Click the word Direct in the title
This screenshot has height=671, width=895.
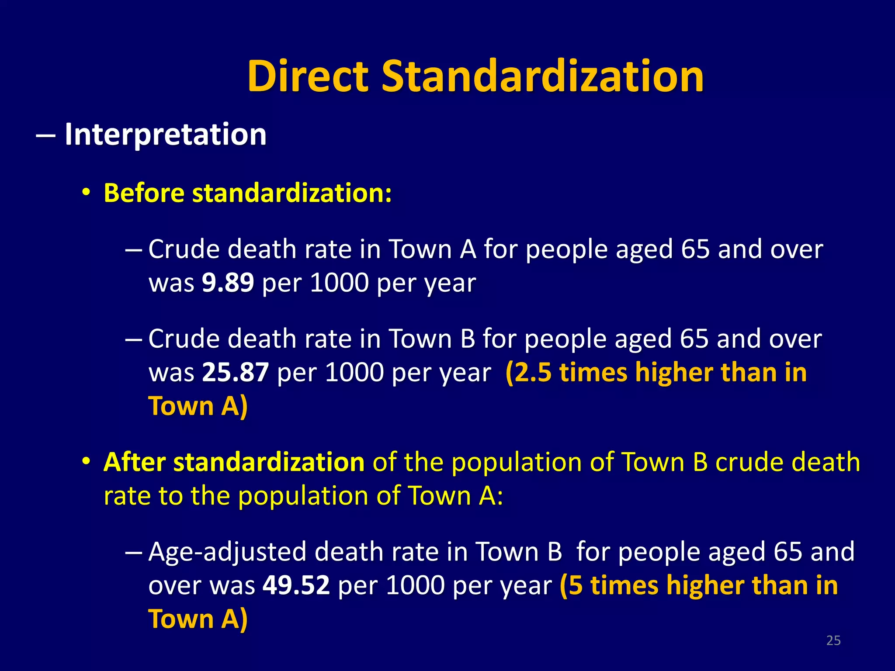point(308,76)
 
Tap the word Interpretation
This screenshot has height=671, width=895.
point(165,134)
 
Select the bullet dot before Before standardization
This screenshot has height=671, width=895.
point(87,192)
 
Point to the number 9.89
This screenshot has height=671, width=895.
point(228,283)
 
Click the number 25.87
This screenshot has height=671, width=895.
point(235,372)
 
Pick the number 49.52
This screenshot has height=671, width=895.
point(296,585)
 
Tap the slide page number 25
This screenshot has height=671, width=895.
point(833,640)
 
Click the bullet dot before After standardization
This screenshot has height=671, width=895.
point(87,461)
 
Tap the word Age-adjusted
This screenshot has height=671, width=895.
point(227,552)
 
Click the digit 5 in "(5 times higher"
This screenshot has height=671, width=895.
point(576,585)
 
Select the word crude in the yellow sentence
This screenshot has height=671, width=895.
point(749,462)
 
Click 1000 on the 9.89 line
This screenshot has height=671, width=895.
point(339,283)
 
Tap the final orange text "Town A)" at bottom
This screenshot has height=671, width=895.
point(198,619)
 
